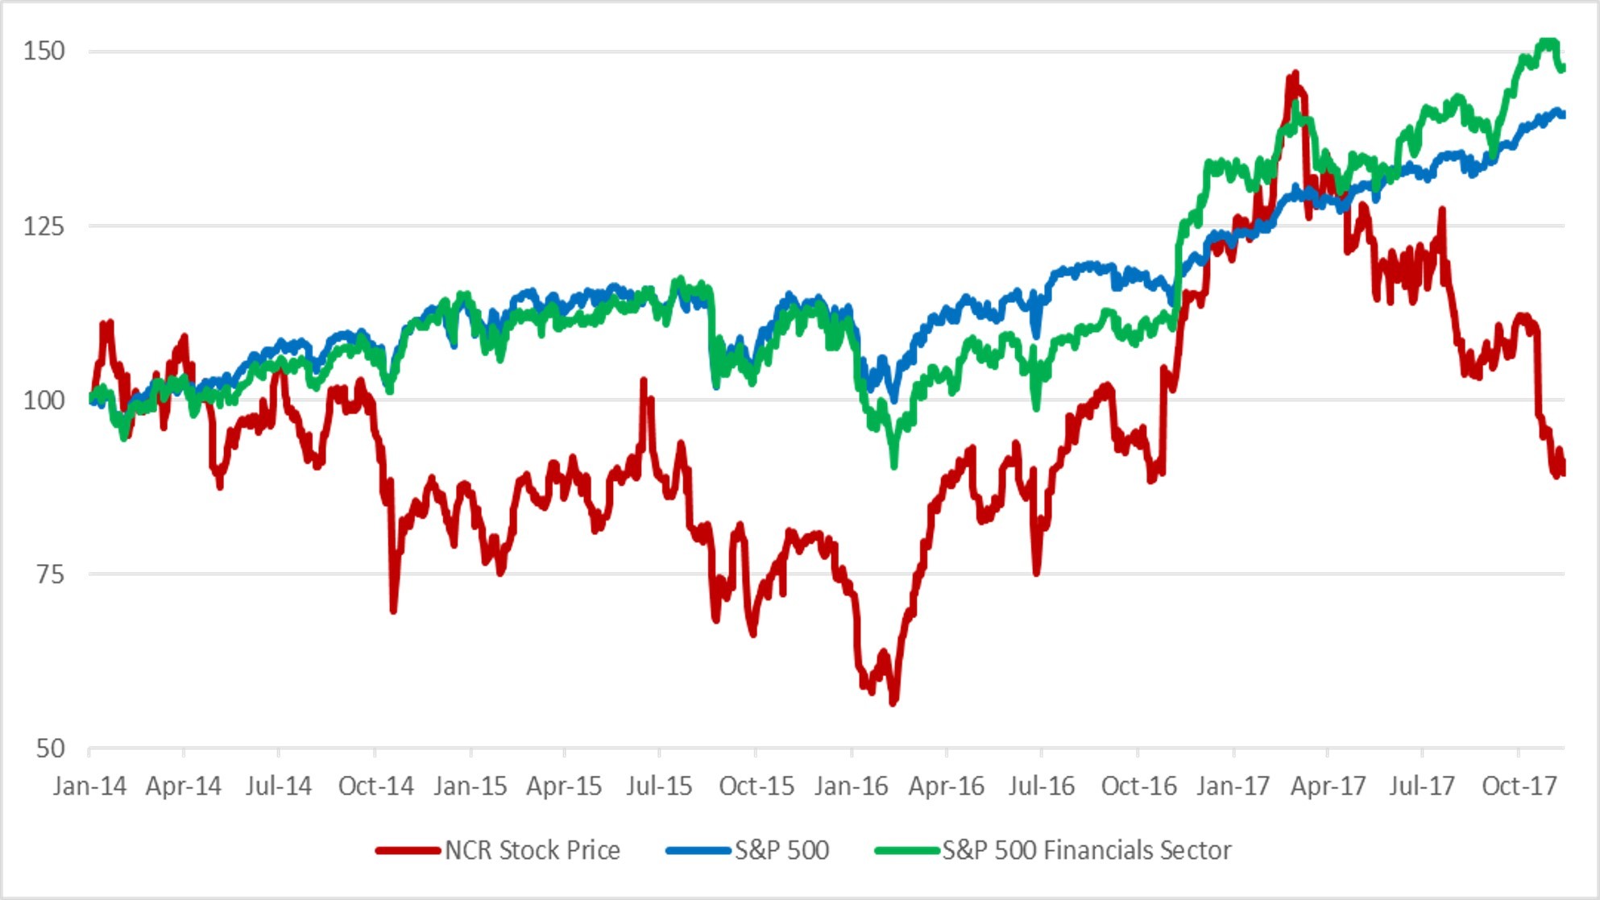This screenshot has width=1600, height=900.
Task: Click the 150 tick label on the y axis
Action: [44, 52]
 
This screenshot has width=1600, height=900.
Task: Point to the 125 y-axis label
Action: [44, 226]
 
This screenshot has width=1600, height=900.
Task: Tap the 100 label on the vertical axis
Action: [44, 400]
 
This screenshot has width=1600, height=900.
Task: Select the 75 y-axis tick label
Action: [50, 574]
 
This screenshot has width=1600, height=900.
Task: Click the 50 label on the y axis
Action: [50, 749]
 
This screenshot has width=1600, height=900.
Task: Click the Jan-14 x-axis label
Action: [89, 786]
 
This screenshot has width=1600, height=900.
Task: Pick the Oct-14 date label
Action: [375, 786]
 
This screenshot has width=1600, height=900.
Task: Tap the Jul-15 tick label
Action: [659, 786]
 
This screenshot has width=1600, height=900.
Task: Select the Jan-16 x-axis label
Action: [851, 786]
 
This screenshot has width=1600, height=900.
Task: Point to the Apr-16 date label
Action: [946, 786]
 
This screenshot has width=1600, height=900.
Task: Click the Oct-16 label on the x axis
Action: [1138, 786]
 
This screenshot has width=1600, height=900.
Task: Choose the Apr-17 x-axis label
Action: [1328, 786]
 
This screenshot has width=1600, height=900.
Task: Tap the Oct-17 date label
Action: [1519, 786]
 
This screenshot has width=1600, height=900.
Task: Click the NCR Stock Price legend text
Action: [532, 850]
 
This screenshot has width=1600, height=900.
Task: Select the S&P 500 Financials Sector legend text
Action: [1087, 850]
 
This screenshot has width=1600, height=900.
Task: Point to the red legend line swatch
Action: [408, 851]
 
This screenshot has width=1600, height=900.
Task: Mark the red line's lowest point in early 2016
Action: [893, 703]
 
